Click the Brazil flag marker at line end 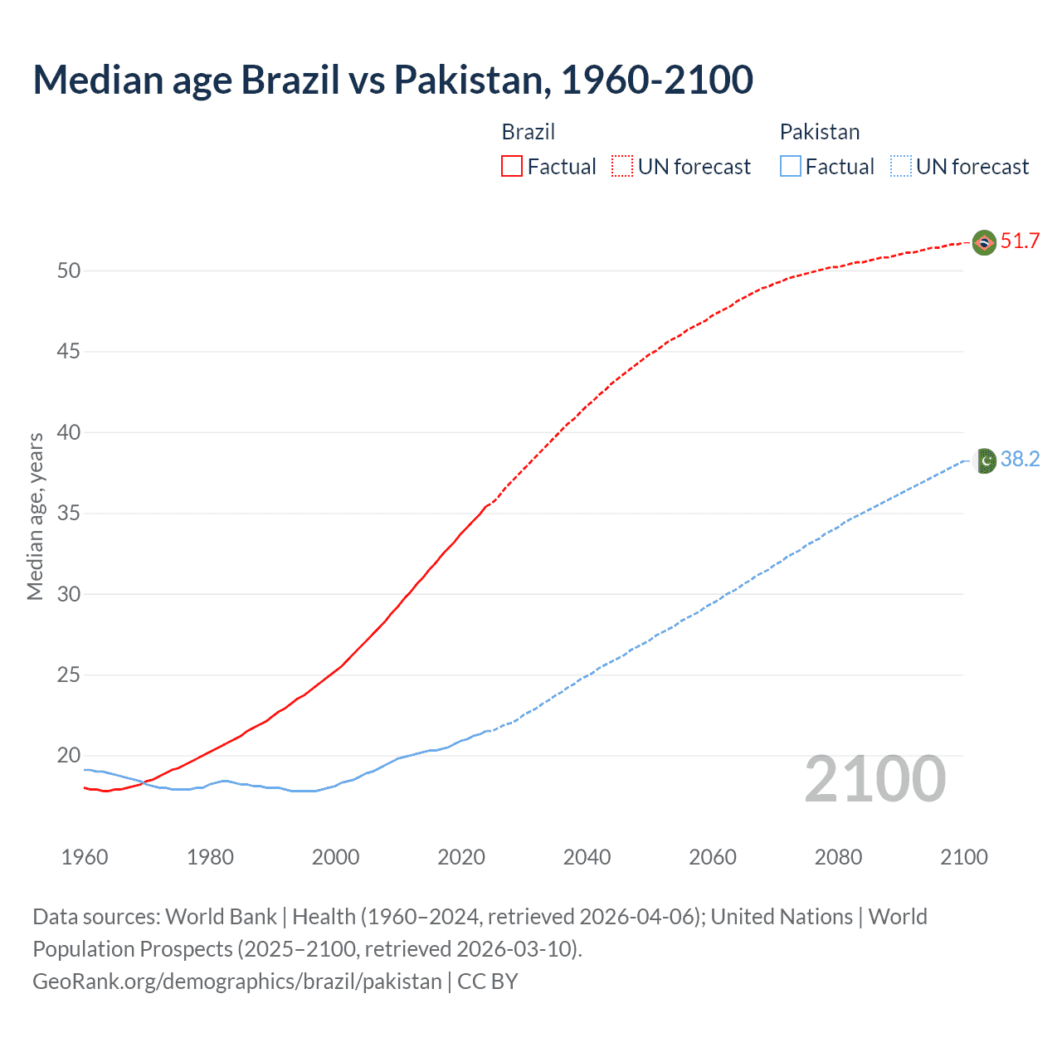[984, 242]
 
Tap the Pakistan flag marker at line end [985, 460]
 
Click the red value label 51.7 [1020, 241]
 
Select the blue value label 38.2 [1020, 460]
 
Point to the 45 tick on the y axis [69, 352]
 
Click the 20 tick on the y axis [69, 756]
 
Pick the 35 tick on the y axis [69, 514]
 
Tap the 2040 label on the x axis [587, 857]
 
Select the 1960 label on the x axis [85, 857]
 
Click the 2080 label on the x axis [838, 857]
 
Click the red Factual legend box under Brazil [512, 167]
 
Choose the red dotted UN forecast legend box [622, 167]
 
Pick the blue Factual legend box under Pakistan [791, 167]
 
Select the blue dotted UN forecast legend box [901, 167]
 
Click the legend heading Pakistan [820, 132]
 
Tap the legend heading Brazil [529, 132]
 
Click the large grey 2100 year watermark [875, 779]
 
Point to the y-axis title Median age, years [35, 516]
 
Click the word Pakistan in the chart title [468, 80]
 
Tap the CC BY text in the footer [488, 982]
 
